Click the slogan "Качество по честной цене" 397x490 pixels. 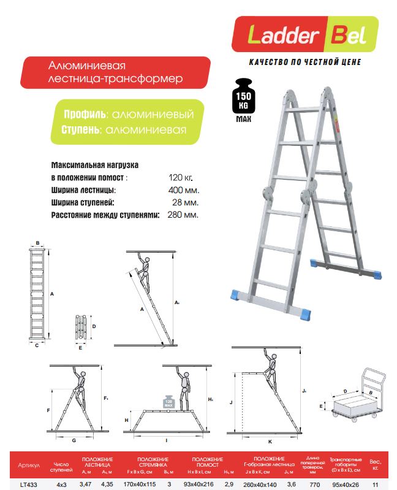point(305,62)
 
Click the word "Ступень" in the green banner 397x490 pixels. point(83,130)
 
